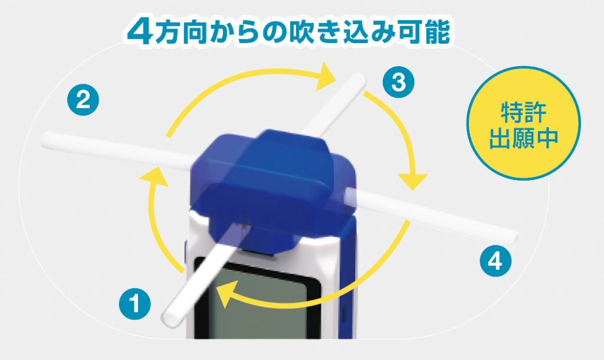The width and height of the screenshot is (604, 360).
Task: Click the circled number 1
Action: pos(134,303)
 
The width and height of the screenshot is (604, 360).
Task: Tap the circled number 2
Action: pos(83,100)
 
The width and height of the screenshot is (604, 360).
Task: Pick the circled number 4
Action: pos(495,261)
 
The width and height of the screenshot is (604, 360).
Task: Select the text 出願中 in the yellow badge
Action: pos(524,138)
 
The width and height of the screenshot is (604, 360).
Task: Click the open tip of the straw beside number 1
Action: pos(169,319)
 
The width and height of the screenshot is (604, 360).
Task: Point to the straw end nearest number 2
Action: pos(45,139)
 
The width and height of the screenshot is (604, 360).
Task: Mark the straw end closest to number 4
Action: pos(514,240)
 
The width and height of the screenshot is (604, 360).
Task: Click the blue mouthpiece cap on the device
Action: pos(271,181)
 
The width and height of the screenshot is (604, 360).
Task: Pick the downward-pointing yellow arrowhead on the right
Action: pos(412,181)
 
